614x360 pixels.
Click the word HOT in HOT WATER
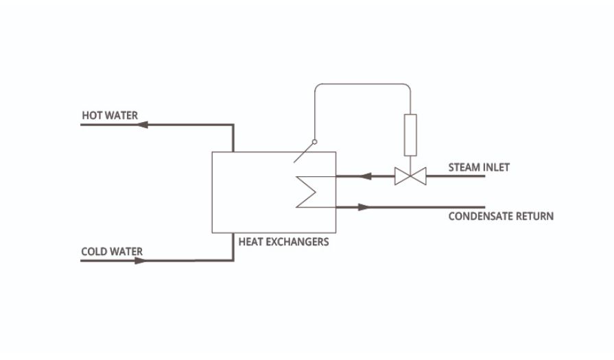click(x=91, y=115)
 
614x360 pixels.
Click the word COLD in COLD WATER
click(x=93, y=252)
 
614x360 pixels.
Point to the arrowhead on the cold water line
click(x=140, y=261)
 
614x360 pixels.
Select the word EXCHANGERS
click(x=298, y=241)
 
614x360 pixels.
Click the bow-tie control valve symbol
click(x=410, y=177)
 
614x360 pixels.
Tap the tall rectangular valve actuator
click(x=410, y=134)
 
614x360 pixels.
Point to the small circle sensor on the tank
click(x=314, y=143)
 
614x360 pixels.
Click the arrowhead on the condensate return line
click(x=363, y=206)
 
